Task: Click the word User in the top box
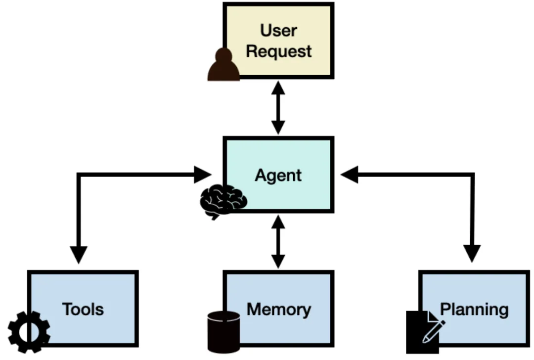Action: pyautogui.click(x=278, y=30)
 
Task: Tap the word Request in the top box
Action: pyautogui.click(x=279, y=51)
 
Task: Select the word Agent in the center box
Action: pyautogui.click(x=278, y=176)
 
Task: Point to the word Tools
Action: pyautogui.click(x=83, y=309)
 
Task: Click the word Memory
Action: pyautogui.click(x=279, y=310)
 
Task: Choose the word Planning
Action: pyautogui.click(x=474, y=310)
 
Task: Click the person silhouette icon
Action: pyautogui.click(x=223, y=66)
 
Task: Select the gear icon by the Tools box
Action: pyautogui.click(x=29, y=332)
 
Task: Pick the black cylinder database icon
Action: pyautogui.click(x=223, y=331)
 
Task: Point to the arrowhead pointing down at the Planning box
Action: pyautogui.click(x=473, y=254)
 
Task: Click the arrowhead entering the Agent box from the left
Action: pyautogui.click(x=203, y=174)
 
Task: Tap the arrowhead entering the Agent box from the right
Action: pyautogui.click(x=349, y=174)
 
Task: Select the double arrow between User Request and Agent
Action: pyautogui.click(x=278, y=108)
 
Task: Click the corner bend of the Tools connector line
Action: pyautogui.click(x=78, y=174)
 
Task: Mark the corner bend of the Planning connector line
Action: pyautogui.click(x=473, y=174)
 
